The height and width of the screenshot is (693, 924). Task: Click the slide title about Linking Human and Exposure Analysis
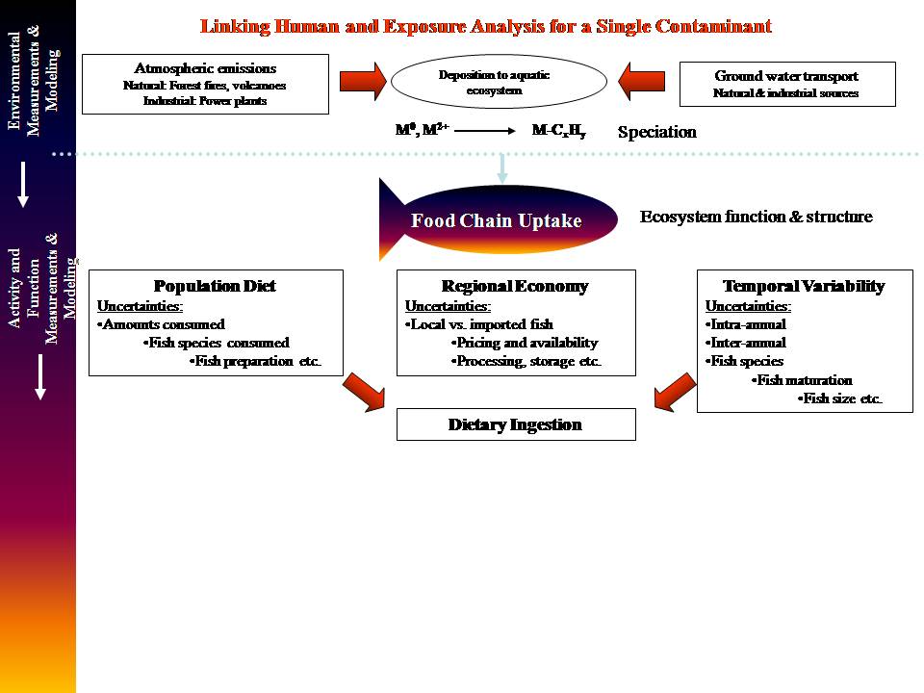tap(486, 26)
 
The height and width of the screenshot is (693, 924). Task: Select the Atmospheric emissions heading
tap(205, 68)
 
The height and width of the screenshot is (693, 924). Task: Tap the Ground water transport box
tap(786, 84)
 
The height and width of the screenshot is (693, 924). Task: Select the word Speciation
tap(656, 132)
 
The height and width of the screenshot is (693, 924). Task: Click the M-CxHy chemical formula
tap(558, 130)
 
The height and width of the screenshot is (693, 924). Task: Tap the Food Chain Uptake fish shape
tap(497, 220)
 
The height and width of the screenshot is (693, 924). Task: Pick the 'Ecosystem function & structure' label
tap(756, 217)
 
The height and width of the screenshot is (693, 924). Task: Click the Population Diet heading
tap(215, 286)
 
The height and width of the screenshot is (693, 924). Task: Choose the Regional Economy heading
tap(515, 286)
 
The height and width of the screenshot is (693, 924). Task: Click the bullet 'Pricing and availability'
tap(525, 343)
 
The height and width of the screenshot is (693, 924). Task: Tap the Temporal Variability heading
tap(804, 286)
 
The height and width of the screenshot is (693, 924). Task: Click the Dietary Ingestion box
tap(515, 424)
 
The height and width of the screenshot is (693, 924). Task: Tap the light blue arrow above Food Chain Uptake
tap(501, 167)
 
